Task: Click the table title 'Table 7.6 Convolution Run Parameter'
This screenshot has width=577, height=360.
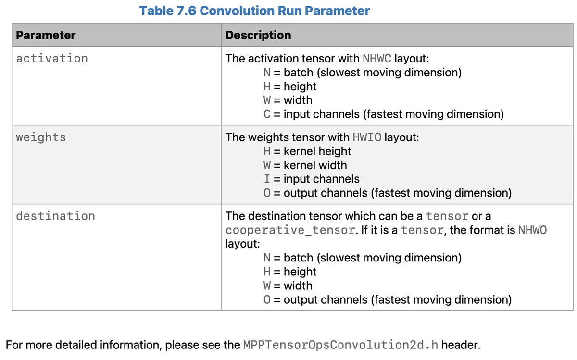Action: pyautogui.click(x=254, y=11)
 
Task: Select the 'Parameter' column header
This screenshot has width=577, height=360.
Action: pyautogui.click(x=46, y=35)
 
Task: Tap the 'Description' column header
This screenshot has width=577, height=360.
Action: pyautogui.click(x=258, y=35)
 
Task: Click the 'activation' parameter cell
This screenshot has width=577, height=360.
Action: pyautogui.click(x=52, y=59)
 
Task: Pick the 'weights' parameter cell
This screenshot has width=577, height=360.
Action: pyautogui.click(x=41, y=137)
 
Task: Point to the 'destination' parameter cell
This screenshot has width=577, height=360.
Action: pyautogui.click(x=55, y=216)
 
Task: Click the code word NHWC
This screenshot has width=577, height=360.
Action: pyautogui.click(x=377, y=59)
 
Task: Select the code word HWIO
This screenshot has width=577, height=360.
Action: pyautogui.click(x=367, y=137)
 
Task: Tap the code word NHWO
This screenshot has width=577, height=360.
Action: pyautogui.click(x=532, y=230)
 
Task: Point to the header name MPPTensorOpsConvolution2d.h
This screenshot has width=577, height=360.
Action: pyautogui.click(x=340, y=345)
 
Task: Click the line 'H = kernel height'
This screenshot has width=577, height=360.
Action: pyautogui.click(x=307, y=151)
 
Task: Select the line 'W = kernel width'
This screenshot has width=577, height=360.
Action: pyautogui.click(x=305, y=165)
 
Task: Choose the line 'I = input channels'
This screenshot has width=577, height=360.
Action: pyautogui.click(x=312, y=179)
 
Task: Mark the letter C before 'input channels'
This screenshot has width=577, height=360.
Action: pyautogui.click(x=267, y=114)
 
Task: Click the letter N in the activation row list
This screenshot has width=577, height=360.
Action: pyautogui.click(x=267, y=73)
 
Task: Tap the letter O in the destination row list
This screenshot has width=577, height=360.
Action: pyautogui.click(x=267, y=300)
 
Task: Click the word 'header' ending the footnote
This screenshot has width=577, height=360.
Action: pyautogui.click(x=461, y=345)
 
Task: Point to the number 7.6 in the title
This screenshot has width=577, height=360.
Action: pyautogui.click(x=187, y=11)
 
